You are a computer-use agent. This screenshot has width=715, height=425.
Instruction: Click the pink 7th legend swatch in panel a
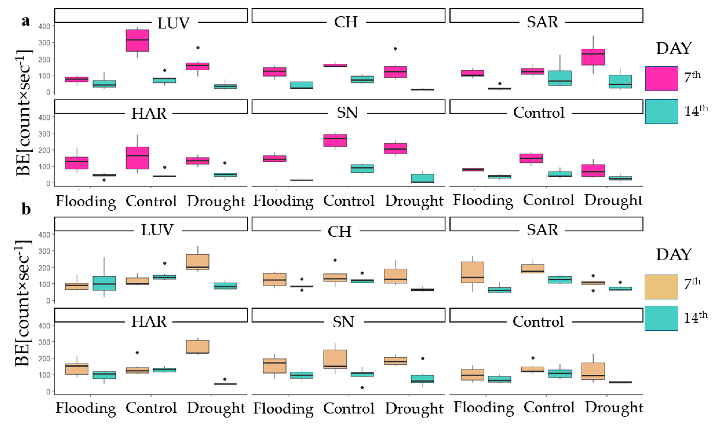pos(661,78)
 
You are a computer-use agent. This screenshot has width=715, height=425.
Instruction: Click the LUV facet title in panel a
pos(173,23)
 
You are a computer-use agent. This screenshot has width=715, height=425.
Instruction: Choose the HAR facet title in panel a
pos(149,113)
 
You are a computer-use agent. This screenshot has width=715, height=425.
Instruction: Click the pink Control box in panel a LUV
pos(138,40)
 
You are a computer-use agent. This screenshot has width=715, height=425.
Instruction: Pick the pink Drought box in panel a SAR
pos(593,57)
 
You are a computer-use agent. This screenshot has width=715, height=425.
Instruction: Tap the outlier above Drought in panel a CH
pos(395,49)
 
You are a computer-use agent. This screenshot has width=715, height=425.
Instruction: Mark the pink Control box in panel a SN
pos(335,140)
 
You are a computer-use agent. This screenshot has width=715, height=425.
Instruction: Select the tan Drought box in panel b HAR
pos(198,347)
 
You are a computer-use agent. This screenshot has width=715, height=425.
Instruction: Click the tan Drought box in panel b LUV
pos(198,262)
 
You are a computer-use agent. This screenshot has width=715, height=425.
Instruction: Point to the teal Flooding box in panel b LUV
pos(104,283)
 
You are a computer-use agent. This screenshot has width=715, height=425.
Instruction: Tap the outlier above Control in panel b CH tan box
pos(335,260)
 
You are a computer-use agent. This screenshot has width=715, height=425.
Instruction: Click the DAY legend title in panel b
pos(673,254)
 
